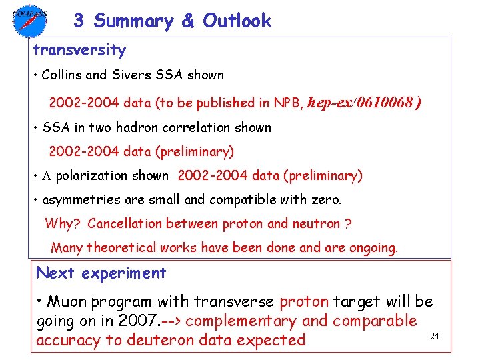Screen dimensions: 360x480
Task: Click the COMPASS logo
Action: [x=29, y=20]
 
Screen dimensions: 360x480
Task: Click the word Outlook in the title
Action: [x=237, y=21]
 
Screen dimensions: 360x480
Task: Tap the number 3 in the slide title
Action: [x=79, y=21]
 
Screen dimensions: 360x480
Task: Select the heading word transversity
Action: [x=79, y=50]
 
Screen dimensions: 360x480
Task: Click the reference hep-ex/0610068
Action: [x=363, y=103]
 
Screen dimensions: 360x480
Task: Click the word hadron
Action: [x=143, y=127]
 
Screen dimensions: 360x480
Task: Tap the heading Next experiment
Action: [x=101, y=273]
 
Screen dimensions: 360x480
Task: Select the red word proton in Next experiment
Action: [x=304, y=301]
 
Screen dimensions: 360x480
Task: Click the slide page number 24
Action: [x=434, y=336]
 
